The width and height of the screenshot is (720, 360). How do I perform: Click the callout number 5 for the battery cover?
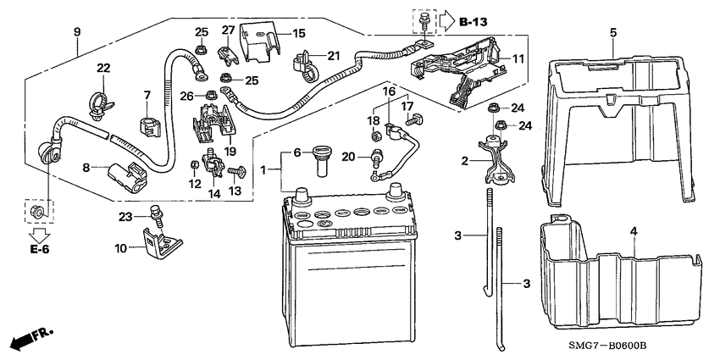pyautogui.click(x=612, y=32)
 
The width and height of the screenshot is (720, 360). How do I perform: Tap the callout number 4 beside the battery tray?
pyautogui.click(x=632, y=230)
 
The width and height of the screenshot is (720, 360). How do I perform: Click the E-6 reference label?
pyautogui.click(x=37, y=251)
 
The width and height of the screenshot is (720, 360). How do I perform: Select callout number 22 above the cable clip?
pyautogui.click(x=102, y=68)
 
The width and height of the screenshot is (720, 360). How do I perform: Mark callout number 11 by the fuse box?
pyautogui.click(x=518, y=58)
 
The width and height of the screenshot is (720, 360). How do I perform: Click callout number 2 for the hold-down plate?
pyautogui.click(x=463, y=161)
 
